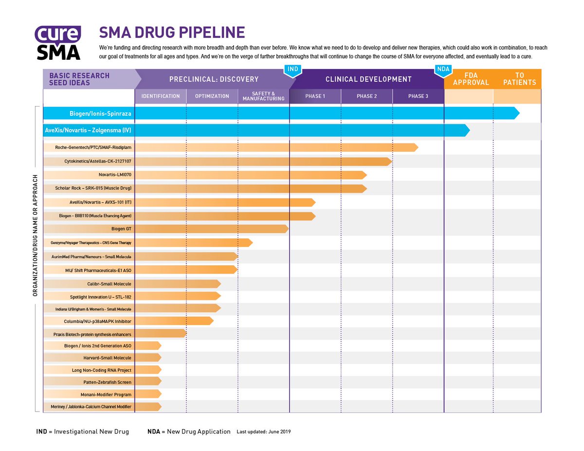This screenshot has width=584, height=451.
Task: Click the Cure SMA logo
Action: pos(57,42)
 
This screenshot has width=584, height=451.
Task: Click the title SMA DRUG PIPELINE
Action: pos(172,33)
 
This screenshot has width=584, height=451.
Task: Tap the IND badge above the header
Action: pos(292,70)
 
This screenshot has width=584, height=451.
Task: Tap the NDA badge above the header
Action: pos(443,70)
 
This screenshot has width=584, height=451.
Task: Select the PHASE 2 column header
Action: pos(366,96)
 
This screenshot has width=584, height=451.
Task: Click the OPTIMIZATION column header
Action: pos(212,96)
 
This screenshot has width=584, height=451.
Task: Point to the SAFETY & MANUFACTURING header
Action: pos(263,96)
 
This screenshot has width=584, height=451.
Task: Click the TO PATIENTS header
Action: pos(519,79)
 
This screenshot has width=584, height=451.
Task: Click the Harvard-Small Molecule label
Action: pos(107,358)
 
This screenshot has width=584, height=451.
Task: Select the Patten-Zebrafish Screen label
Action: pos(107,382)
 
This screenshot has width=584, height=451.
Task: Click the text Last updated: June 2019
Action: pos(263,432)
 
